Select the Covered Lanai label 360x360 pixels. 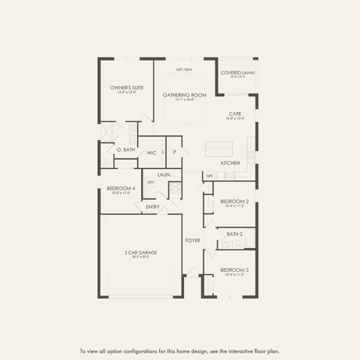(x=238, y=73)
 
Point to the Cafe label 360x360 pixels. (x=235, y=113)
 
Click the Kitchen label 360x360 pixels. (x=230, y=163)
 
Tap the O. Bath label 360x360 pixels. (x=125, y=149)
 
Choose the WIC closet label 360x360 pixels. (x=151, y=153)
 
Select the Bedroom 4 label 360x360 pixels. (x=121, y=188)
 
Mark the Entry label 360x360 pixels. (x=152, y=207)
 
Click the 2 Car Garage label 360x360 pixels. (x=141, y=253)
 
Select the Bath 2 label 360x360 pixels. (x=235, y=233)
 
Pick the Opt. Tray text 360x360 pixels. (x=184, y=70)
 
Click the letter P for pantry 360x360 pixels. (x=175, y=152)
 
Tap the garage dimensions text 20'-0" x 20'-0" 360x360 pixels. (x=141, y=257)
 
